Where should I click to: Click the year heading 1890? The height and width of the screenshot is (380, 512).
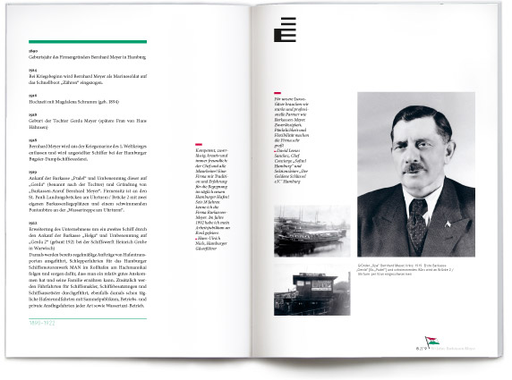coord(33,52)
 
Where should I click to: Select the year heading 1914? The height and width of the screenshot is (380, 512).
coord(33,70)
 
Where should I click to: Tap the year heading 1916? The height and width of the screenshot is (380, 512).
coord(33,94)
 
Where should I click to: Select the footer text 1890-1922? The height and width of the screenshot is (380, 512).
coord(47,320)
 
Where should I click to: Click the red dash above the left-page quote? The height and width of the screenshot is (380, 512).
coord(210,146)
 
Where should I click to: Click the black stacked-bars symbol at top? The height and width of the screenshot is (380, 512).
coord(286,31)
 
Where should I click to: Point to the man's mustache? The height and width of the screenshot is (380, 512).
coord(411,168)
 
